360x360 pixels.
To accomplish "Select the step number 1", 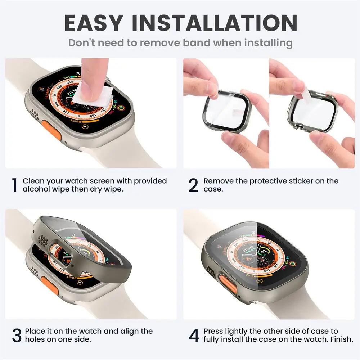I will pos(14,185).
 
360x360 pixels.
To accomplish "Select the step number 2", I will pos(193,185).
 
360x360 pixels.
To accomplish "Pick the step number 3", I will pos(17,336).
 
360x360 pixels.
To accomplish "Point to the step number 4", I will pos(194,336).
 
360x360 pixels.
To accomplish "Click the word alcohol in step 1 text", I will pos(36,189).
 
